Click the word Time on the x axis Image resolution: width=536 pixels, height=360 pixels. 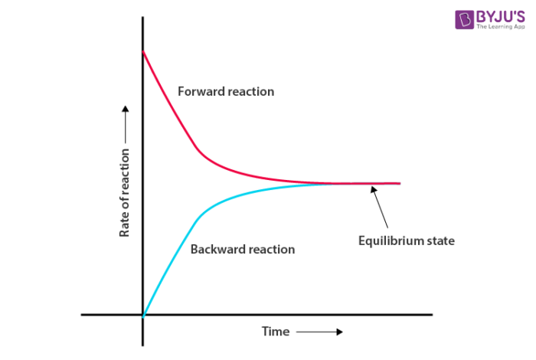click(276, 332)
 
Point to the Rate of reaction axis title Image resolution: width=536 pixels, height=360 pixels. click(124, 191)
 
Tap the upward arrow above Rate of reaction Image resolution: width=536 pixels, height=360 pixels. click(124, 123)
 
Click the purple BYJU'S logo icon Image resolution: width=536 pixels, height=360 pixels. click(463, 19)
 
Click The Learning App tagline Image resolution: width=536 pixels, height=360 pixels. click(499, 28)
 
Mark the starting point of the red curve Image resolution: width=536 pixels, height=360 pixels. click(143, 51)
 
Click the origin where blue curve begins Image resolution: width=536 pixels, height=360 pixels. click(143, 314)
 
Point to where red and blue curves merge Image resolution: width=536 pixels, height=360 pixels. click(337, 184)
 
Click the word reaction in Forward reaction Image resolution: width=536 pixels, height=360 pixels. click(249, 92)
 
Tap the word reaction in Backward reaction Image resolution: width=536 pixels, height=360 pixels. click(270, 249)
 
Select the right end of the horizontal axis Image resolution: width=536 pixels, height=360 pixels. click(432, 314)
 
